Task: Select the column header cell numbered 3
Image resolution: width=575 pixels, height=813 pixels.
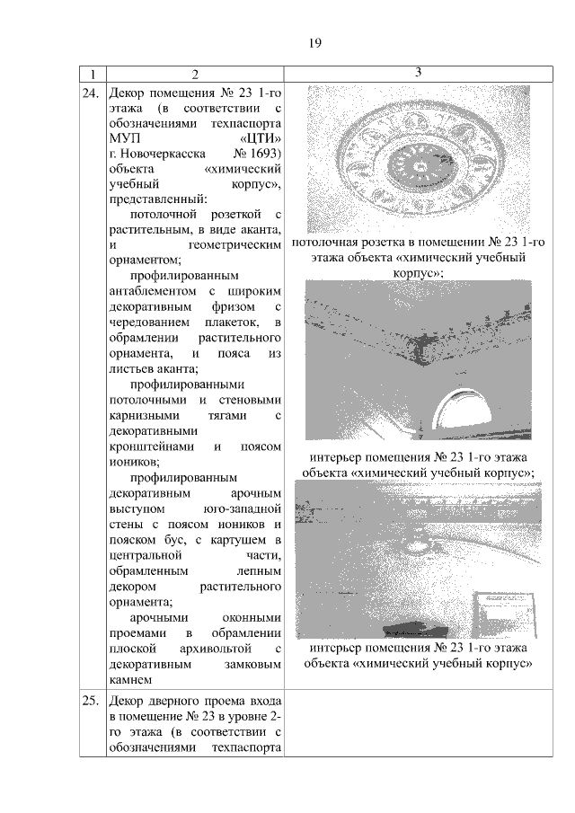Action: click(418, 72)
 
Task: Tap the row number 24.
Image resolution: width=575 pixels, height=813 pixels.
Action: click(90, 92)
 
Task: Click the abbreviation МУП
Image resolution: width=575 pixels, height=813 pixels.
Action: click(121, 137)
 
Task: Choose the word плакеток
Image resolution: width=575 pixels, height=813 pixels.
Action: click(237, 322)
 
